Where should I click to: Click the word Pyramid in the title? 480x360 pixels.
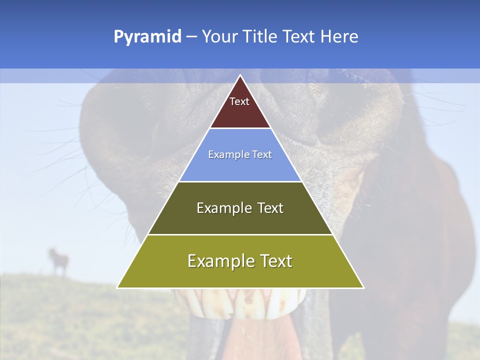pos(147,37)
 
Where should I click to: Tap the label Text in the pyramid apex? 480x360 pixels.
pos(239,101)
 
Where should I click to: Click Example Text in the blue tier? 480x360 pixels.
pos(240,154)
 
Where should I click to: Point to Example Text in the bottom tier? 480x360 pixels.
pos(240,261)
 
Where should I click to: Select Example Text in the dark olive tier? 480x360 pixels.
pos(240,208)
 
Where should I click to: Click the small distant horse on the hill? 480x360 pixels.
pos(58,261)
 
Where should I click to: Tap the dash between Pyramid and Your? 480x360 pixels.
pos(191,37)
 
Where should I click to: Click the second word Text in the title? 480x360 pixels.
pos(299,37)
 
